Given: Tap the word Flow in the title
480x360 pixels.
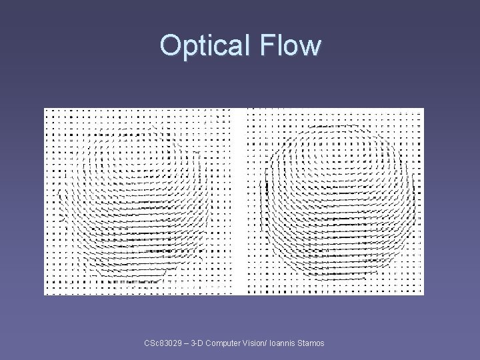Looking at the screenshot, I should pyautogui.click(x=290, y=45).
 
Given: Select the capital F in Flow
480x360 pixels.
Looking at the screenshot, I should pyautogui.click(x=267, y=45).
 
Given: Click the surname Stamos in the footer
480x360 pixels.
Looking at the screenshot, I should pyautogui.click(x=310, y=343).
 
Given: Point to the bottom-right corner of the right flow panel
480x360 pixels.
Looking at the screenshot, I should pyautogui.click(x=423, y=293).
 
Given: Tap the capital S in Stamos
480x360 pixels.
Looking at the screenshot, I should pyautogui.click(x=299, y=343).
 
